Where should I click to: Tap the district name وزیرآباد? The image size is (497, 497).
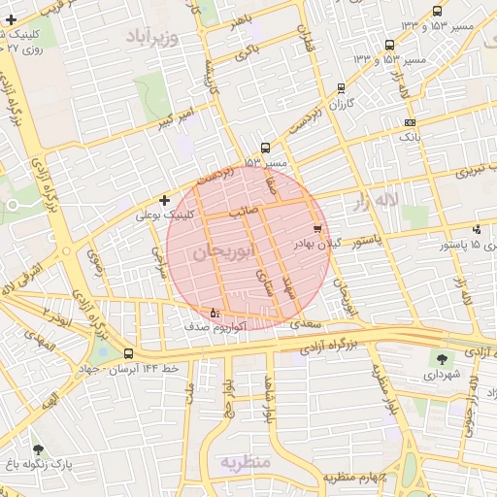point(153,37)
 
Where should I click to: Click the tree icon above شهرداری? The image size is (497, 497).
point(443,358)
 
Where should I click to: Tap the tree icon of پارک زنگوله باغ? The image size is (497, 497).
point(38,449)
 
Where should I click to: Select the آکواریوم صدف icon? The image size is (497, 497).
point(215,313)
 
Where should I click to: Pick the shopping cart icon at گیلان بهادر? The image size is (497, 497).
point(317,229)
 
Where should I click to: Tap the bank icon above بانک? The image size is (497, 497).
point(411,122)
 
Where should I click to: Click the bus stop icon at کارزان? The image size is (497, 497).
point(340,87)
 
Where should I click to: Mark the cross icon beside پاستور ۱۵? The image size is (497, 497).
point(477,230)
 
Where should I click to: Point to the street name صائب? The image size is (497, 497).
point(242,210)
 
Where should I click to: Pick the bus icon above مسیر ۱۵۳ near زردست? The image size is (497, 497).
point(266,149)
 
